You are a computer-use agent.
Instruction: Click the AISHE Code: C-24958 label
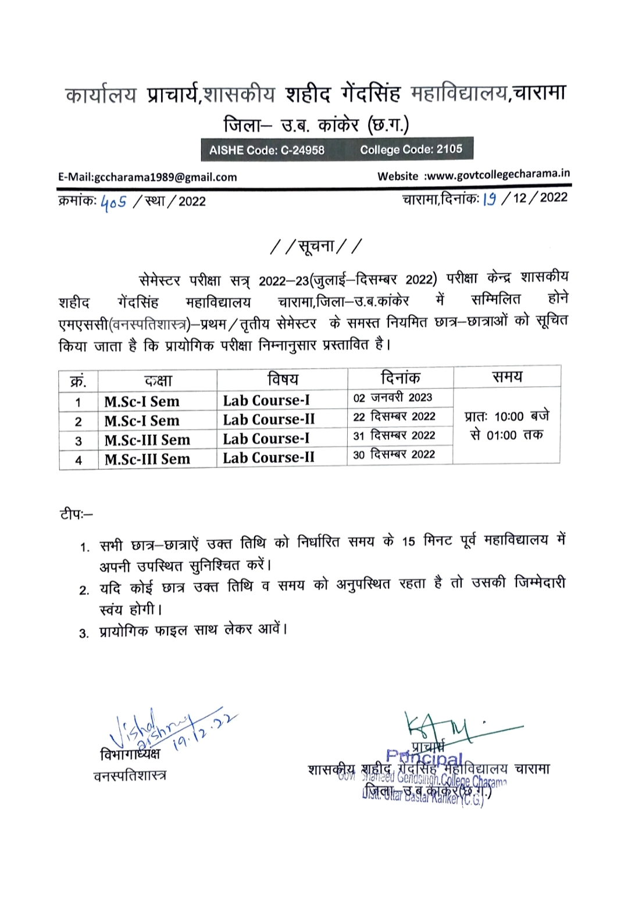click(x=267, y=150)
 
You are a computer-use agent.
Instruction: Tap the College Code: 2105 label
click(x=411, y=149)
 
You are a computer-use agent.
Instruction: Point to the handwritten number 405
click(x=113, y=202)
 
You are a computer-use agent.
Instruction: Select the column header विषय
click(x=283, y=380)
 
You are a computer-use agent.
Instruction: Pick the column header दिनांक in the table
click(x=400, y=378)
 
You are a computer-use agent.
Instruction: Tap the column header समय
click(x=507, y=377)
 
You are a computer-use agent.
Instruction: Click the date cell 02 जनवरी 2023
click(x=393, y=398)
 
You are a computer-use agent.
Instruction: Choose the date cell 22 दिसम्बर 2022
click(x=394, y=416)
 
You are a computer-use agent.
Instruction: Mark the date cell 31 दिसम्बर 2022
click(x=394, y=435)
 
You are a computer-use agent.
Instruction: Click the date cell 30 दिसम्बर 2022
click(x=394, y=455)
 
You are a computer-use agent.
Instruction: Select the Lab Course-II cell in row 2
click(x=269, y=419)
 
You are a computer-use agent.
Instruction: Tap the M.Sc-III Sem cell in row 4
click(x=147, y=459)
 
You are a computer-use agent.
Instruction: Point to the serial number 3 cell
click(x=78, y=441)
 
